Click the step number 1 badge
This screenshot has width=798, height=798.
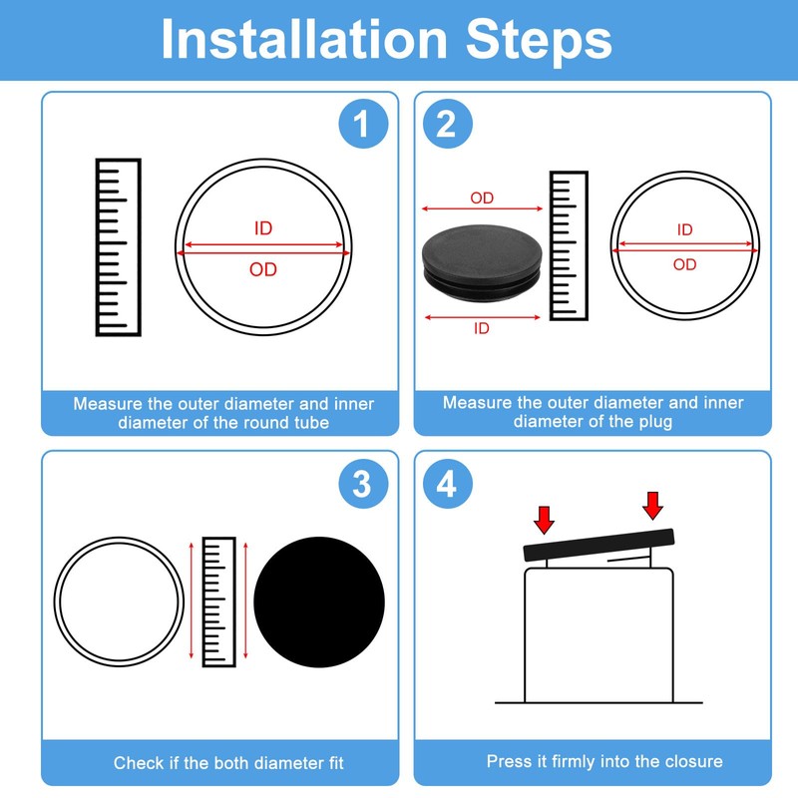point(363,124)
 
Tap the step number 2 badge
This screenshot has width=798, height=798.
point(448,124)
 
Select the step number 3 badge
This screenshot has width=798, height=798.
point(363,484)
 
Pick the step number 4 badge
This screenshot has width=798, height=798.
point(448,484)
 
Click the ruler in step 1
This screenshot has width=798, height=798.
point(118,247)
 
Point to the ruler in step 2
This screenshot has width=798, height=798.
point(569,245)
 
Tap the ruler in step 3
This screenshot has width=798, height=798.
point(218,601)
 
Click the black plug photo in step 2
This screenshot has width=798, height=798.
point(482,263)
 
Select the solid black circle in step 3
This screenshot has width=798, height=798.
point(319,602)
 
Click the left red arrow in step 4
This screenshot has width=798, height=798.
point(544,520)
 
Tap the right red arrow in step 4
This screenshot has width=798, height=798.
point(653,506)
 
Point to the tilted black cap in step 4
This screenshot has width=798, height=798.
point(599,545)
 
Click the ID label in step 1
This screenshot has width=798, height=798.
point(263,228)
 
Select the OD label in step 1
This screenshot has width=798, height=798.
point(263,269)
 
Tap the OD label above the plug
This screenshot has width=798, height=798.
point(482,198)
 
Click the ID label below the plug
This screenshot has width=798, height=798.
point(482,328)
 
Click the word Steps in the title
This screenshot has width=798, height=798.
point(539,41)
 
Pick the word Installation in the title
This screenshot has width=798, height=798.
point(304,39)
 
